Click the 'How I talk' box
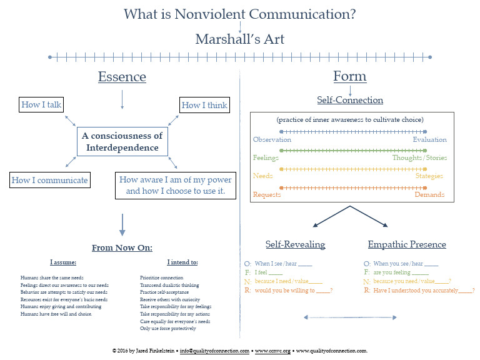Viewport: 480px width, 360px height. [41, 105]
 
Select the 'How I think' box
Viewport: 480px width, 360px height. [204, 105]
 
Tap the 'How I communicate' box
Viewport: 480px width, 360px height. [50, 181]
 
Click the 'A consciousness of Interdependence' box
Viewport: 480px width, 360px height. [122, 142]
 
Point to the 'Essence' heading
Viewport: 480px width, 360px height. [122, 77]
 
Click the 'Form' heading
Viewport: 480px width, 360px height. [350, 77]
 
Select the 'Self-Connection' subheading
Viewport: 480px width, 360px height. [350, 100]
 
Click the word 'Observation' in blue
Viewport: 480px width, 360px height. [272, 140]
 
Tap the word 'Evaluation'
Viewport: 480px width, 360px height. [429, 140]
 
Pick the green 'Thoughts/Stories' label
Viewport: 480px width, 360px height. [419, 158]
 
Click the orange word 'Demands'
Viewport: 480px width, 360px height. [429, 195]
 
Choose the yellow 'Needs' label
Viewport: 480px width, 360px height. [263, 176]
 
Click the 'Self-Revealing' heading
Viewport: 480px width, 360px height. [295, 244]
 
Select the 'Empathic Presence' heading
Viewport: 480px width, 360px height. [407, 244]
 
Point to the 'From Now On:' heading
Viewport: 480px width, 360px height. [122, 248]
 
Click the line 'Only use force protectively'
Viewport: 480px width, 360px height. [167, 328]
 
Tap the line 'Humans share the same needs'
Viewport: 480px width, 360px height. [52, 277]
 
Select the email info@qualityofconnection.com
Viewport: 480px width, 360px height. [214, 351]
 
